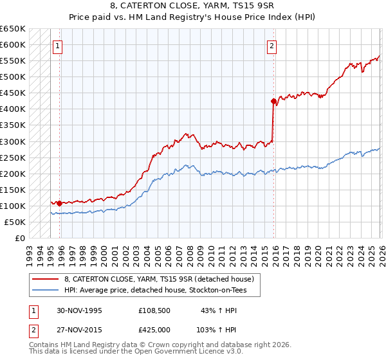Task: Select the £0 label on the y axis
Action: click(x=19, y=238)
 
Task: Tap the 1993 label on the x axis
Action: click(x=28, y=251)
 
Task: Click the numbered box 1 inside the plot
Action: click(x=58, y=46)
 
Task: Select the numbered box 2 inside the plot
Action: click(x=272, y=46)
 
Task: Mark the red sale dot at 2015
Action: click(x=273, y=101)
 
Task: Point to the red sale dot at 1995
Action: click(x=59, y=203)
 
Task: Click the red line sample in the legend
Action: click(x=46, y=279)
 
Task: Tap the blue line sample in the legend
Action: click(x=46, y=290)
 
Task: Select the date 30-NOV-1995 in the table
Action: click(x=78, y=310)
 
